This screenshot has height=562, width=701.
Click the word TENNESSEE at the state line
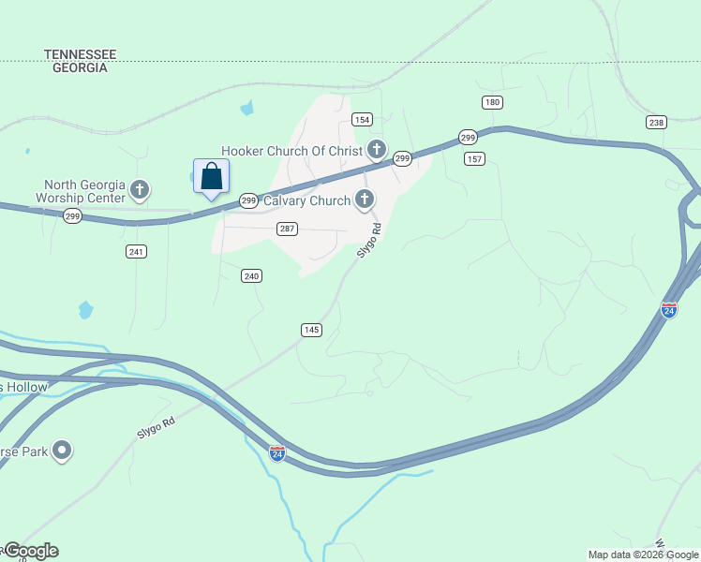80,55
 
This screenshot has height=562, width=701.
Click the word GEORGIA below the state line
80,68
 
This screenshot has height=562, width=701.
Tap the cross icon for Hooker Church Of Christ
377,150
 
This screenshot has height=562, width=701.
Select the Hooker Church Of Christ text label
291,151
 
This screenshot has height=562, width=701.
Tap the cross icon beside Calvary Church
364,200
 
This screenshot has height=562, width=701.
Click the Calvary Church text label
306,200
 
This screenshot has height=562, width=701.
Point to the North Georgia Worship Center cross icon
140,191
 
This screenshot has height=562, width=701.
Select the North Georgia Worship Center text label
81,191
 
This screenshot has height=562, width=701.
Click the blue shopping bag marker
212,176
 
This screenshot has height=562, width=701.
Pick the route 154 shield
362,119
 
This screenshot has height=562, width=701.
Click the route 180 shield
492,102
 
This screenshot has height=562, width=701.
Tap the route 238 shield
656,123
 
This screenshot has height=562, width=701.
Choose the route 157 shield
474,159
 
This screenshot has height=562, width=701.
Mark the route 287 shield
288,229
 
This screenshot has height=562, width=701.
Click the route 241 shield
137,251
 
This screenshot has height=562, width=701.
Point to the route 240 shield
251,275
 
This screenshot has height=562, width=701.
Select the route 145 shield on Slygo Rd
312,330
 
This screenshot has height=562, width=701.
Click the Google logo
30,551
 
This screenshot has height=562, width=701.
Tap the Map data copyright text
643,555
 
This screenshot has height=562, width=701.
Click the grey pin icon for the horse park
63,451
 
